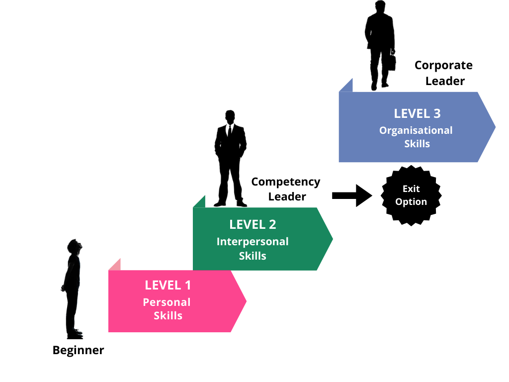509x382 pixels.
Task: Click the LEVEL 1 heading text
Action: (168, 285)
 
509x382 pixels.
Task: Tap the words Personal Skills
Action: (167, 309)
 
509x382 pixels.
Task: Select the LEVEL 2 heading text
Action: (253, 224)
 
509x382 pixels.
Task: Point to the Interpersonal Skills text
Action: (253, 249)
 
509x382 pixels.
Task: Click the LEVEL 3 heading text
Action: (417, 113)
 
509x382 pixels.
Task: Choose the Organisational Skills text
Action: (416, 137)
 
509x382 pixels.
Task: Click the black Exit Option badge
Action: (411, 195)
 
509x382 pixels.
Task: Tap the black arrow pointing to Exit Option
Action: (352, 195)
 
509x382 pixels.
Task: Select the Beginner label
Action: (78, 350)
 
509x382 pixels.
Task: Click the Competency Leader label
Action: (286, 189)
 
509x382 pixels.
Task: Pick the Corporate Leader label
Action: (444, 73)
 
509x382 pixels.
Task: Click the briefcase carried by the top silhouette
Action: (392, 62)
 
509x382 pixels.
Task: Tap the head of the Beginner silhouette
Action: (75, 246)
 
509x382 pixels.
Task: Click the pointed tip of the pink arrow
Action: (246, 301)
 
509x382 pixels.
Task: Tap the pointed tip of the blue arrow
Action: (495, 127)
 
